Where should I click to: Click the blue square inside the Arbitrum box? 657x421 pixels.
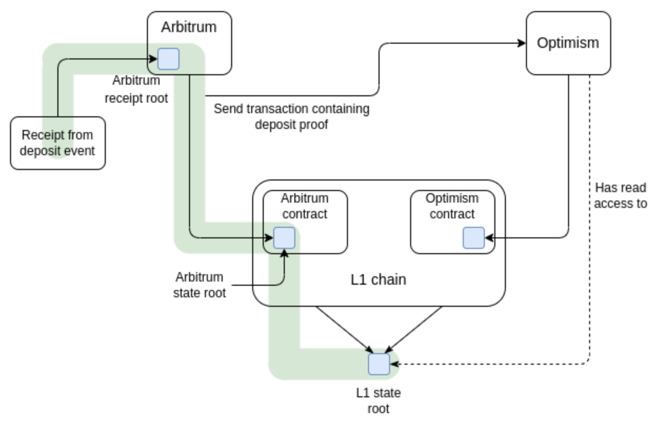(x=168, y=59)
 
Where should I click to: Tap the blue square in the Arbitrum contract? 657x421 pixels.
(x=284, y=238)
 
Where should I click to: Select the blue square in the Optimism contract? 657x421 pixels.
(x=474, y=238)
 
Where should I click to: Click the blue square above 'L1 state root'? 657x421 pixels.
(x=379, y=364)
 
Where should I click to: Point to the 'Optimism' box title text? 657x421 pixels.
(x=568, y=43)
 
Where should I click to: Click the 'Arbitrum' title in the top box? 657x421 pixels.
(x=189, y=27)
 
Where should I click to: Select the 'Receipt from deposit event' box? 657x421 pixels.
(x=58, y=143)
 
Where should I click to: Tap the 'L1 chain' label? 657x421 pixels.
(x=379, y=279)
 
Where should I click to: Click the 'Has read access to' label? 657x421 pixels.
(x=621, y=196)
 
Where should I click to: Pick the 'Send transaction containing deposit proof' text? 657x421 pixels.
(x=292, y=117)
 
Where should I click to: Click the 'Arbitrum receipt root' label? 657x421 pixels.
(x=136, y=89)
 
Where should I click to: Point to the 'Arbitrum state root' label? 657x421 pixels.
(x=200, y=285)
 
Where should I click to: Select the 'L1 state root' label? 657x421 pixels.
(x=379, y=401)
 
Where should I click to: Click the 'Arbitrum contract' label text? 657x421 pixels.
(x=305, y=206)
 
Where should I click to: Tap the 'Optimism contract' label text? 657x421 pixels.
(x=452, y=206)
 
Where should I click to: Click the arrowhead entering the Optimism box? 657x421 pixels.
(x=522, y=43)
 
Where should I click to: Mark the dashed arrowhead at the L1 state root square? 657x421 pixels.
(x=394, y=364)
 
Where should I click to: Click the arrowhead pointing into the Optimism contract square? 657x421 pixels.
(x=489, y=238)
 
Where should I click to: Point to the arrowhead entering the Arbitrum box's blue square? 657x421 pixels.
(x=153, y=59)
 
